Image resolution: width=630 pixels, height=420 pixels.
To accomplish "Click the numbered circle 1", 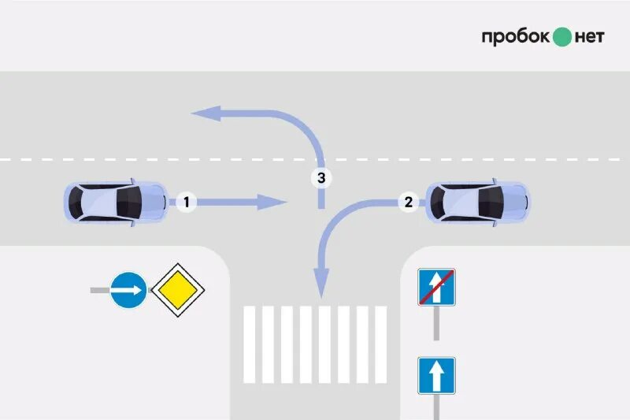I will [186, 203].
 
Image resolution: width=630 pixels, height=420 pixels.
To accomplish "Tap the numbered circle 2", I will [407, 202].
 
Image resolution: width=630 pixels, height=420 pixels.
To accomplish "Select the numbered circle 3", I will [321, 178].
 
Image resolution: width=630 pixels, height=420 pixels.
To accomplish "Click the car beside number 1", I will [115, 202].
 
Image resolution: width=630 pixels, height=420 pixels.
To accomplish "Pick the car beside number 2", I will [477, 202].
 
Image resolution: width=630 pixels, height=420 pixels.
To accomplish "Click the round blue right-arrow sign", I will [128, 291].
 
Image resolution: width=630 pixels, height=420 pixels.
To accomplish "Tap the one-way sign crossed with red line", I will [436, 288].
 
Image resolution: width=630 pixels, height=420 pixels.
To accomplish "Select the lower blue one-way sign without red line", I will [436, 376].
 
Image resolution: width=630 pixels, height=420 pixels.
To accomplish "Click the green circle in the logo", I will [561, 37].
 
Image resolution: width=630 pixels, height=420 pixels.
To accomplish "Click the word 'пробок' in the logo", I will [515, 37].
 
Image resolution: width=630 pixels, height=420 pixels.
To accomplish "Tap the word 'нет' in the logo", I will [590, 37].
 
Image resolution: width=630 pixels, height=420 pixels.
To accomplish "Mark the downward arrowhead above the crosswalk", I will [321, 282].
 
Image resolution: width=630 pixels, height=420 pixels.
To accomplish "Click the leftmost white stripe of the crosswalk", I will [249, 344].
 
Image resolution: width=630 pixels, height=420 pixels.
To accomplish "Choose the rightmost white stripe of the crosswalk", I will [380, 344].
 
